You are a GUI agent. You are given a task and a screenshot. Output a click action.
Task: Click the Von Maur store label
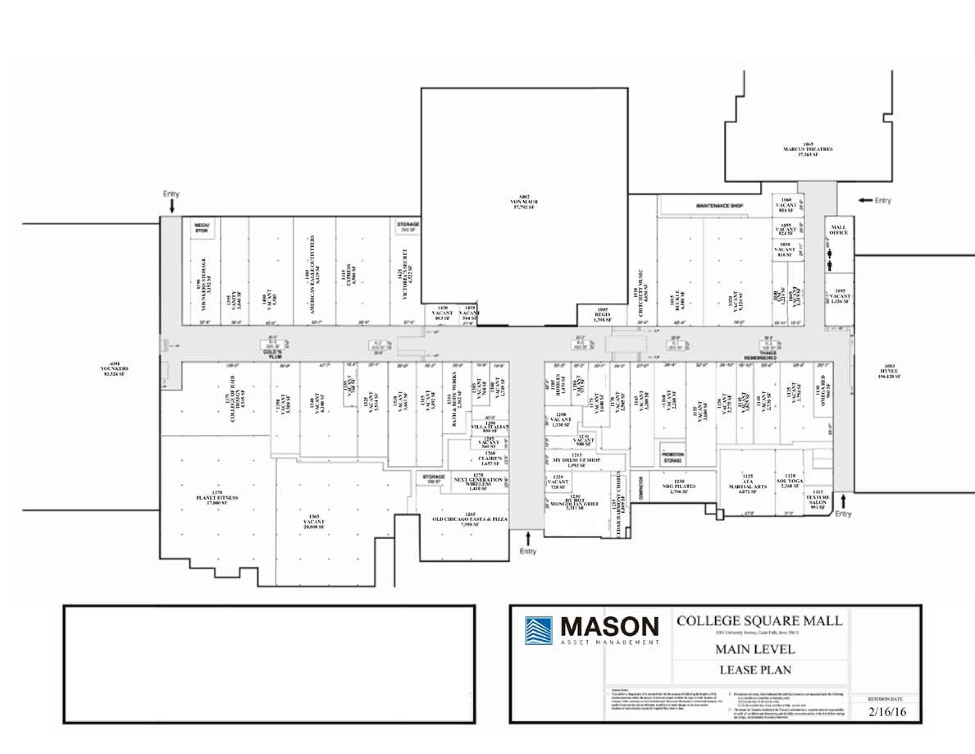[x=524, y=202]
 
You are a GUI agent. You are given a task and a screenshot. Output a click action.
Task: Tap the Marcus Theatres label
[x=808, y=149]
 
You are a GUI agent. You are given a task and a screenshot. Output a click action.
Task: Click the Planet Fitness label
[x=217, y=498]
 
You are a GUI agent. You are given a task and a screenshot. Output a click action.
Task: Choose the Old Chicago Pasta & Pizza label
[x=470, y=519]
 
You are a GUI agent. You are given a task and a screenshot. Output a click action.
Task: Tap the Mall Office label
[x=838, y=230]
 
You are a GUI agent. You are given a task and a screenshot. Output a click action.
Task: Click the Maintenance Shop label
[x=719, y=206]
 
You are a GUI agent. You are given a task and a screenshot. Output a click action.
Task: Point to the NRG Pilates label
[x=679, y=486]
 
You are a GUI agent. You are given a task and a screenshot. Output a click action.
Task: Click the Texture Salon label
[x=818, y=500]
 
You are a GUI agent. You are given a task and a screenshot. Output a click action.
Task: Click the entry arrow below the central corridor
[x=528, y=538]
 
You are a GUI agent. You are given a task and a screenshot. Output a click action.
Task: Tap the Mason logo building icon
[x=538, y=630]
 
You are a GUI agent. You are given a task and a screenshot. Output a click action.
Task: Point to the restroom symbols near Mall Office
[x=830, y=260]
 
